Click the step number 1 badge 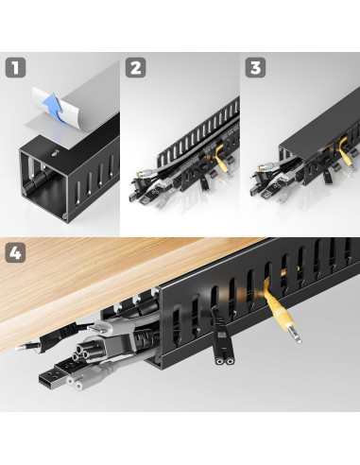click(x=15, y=68)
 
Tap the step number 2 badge click(x=136, y=68)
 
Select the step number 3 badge click(x=255, y=68)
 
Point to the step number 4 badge click(x=15, y=253)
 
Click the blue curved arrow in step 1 click(x=56, y=106)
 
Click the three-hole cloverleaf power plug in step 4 click(x=82, y=351)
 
